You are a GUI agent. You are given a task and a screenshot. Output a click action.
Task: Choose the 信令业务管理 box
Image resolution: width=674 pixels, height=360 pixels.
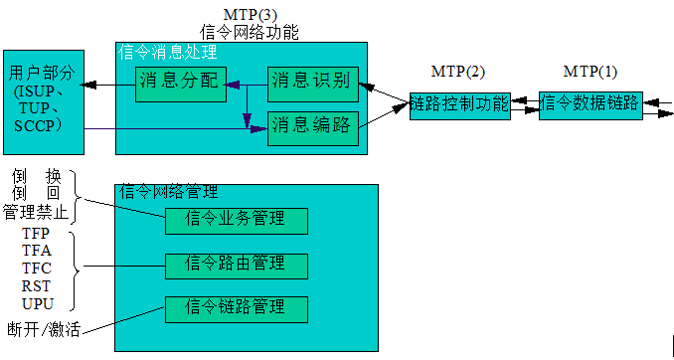[x=236, y=219]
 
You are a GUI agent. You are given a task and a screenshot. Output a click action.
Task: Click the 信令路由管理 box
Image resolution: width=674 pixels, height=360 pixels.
[x=236, y=265]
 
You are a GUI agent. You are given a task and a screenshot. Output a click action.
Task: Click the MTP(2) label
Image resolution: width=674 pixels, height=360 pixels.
[x=459, y=72]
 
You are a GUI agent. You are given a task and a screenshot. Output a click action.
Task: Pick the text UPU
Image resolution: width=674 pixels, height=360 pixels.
[x=37, y=303]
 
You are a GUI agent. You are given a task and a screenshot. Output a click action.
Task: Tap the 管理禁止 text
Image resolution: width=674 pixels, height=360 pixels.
[x=37, y=211]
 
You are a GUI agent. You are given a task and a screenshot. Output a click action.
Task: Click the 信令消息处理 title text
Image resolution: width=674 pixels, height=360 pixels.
[x=168, y=52]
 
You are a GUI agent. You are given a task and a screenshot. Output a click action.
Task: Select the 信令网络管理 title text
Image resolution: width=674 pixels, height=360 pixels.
[x=168, y=192]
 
